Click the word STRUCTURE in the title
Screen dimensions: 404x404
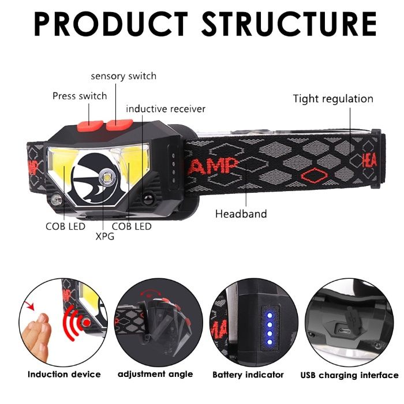pos(289,24)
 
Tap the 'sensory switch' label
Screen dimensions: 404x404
pos(124,76)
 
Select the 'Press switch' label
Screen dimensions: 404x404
pos(80,96)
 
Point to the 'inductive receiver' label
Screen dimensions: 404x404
pos(166,109)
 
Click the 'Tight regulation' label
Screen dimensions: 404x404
pos(333,99)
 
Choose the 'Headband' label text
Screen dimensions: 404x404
pos(241,214)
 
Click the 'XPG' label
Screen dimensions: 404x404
pos(105,236)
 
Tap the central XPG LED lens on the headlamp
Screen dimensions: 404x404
pos(107,177)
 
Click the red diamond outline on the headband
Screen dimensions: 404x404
pos(315,175)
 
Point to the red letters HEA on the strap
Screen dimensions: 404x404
pos(369,160)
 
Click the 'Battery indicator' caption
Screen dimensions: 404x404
pos(248,375)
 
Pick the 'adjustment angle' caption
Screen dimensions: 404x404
pos(155,374)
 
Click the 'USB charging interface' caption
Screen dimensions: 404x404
pos(349,375)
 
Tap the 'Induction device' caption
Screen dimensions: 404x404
pos(64,374)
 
